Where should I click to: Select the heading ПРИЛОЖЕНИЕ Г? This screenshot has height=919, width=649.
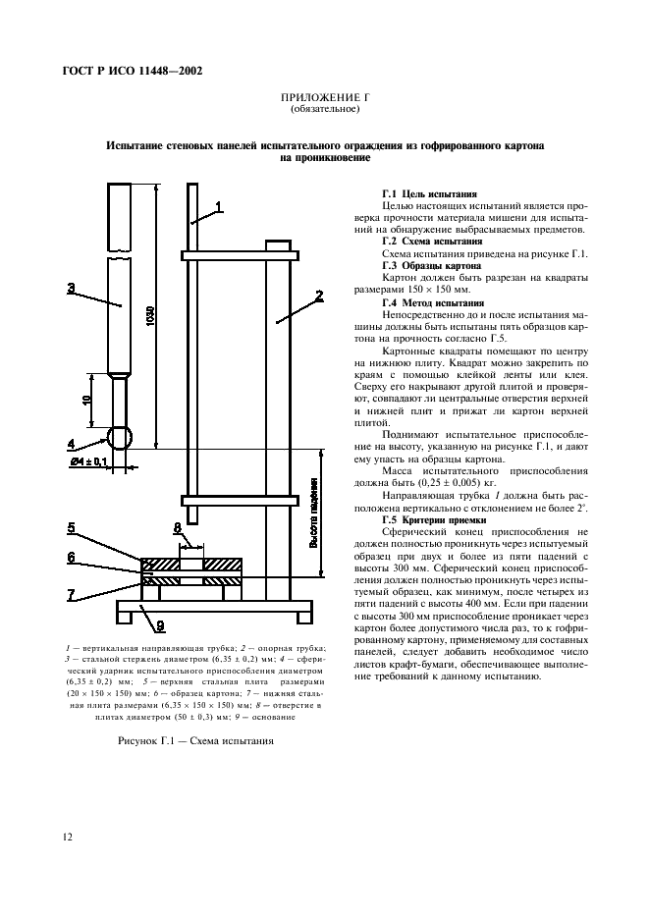tap(323, 99)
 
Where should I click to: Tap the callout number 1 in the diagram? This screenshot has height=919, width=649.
tap(220, 206)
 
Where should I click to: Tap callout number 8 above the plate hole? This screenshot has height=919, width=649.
tap(178, 527)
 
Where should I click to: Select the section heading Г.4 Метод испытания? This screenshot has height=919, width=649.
tap(431, 303)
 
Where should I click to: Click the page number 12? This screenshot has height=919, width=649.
tap(67, 837)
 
